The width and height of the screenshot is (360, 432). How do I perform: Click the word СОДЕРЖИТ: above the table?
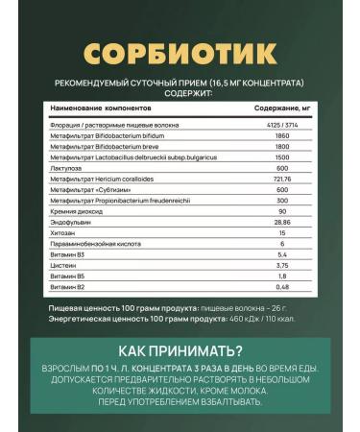pos(180,95)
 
